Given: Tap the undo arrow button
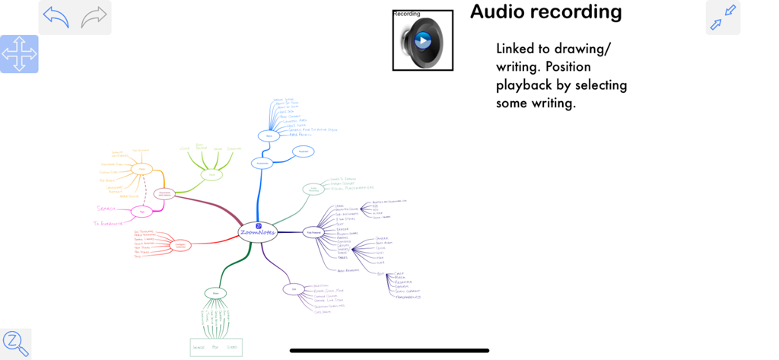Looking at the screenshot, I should tap(56, 17).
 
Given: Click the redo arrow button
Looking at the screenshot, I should tap(94, 17).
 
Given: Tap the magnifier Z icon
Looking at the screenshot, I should tap(15, 343).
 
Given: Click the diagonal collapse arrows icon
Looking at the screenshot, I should tap(723, 17).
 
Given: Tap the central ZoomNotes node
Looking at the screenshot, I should tap(258, 231).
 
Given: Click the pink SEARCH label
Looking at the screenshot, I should tap(106, 209).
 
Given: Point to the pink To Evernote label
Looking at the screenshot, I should tap(108, 223).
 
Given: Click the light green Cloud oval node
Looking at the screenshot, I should tap(211, 175).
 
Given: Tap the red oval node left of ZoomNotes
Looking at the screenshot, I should tap(181, 245).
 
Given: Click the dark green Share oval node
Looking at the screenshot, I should tap(215, 293).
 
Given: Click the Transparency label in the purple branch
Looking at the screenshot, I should tap(408, 296).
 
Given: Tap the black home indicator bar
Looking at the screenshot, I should tap(389, 351).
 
